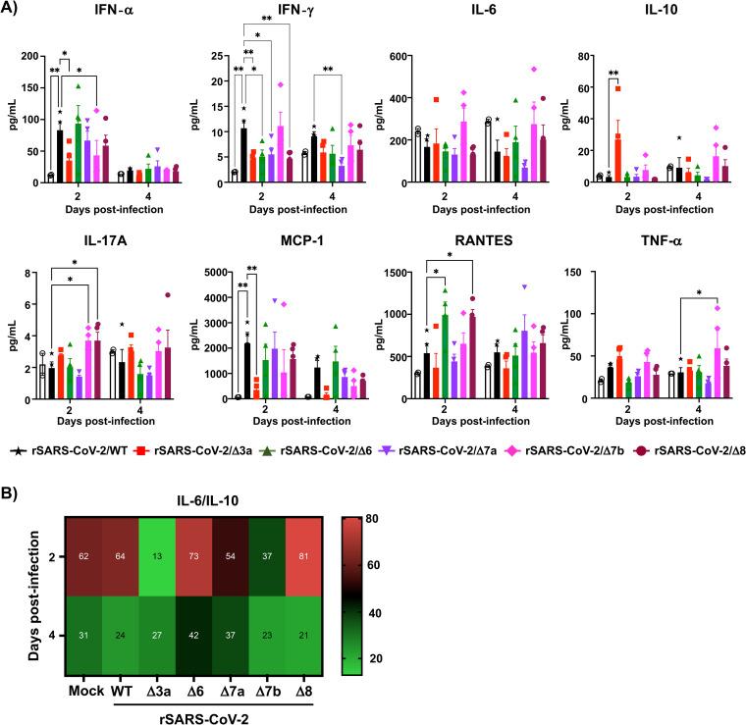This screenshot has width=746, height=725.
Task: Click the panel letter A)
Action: pyautogui.click(x=14, y=13)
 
